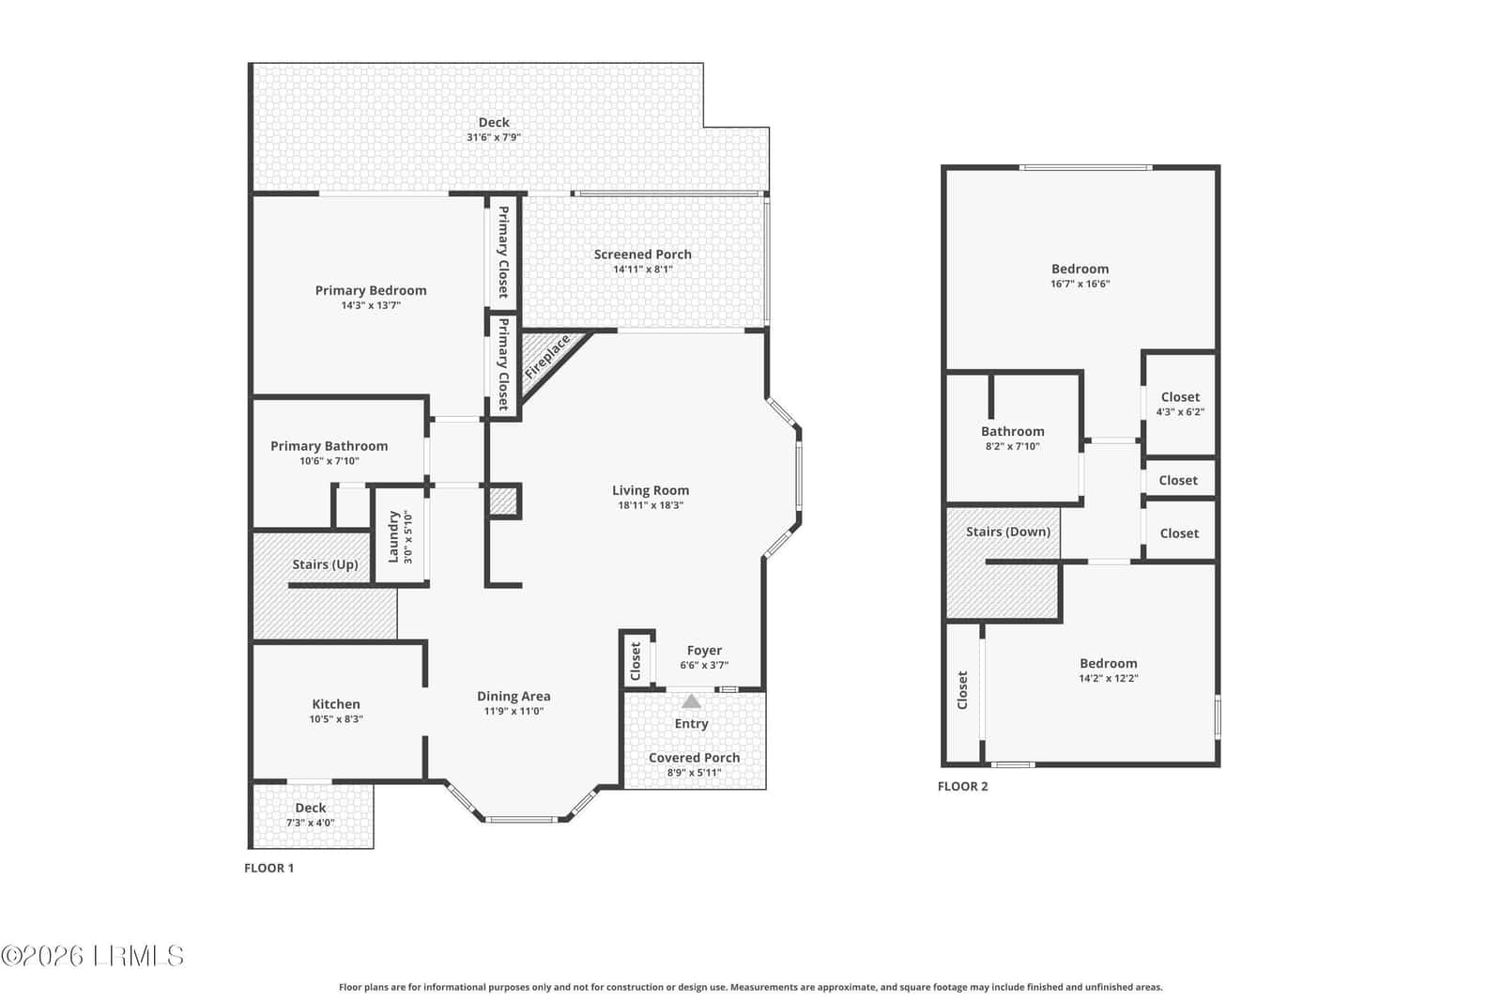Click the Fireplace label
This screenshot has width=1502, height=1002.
(x=547, y=356)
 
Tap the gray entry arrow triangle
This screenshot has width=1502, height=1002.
(x=691, y=701)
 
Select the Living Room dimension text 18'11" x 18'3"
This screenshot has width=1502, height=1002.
(x=651, y=505)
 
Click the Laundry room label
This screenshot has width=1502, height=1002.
(x=393, y=536)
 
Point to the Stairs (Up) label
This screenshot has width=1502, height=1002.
(x=325, y=564)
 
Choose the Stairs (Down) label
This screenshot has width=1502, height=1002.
(x=1008, y=532)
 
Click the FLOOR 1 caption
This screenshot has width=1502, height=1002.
(x=268, y=868)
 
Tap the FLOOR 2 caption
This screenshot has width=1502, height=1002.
(x=963, y=786)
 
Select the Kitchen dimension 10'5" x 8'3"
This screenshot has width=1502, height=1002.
(x=336, y=719)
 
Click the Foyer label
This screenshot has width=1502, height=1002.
(x=704, y=651)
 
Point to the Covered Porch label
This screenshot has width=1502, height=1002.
(x=694, y=758)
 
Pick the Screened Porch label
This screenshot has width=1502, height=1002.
(x=642, y=254)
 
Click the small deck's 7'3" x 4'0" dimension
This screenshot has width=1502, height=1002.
(x=311, y=823)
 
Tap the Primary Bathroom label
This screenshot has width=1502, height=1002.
(x=330, y=446)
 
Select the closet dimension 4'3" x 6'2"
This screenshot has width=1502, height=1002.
(x=1180, y=412)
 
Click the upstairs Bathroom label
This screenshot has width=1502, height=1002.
(x=1013, y=431)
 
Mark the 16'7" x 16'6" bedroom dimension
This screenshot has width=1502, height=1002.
(x=1081, y=284)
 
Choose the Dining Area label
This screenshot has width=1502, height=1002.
(x=513, y=696)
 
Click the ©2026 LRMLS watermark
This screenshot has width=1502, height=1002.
(x=93, y=956)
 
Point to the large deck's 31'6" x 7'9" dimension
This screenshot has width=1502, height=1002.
(x=494, y=137)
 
